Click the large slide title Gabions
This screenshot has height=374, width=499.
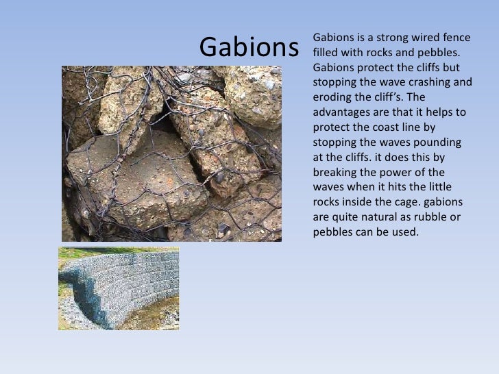pos(249,47)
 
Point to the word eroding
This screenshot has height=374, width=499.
pos(331,97)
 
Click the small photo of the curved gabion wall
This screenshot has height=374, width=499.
pos(118,288)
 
